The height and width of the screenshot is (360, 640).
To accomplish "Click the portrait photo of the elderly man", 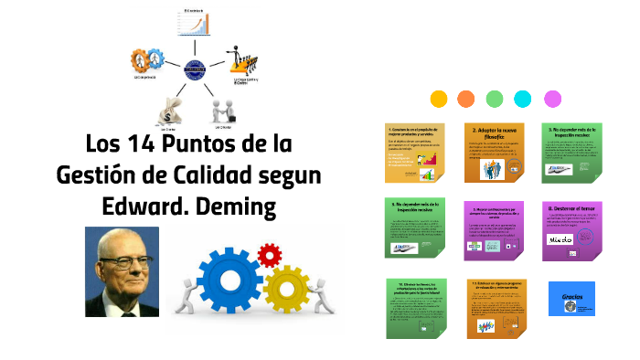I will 123,272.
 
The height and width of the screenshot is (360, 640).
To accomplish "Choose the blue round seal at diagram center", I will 196,65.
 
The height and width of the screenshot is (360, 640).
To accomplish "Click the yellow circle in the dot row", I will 439,99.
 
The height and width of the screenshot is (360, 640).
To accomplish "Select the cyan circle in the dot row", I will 523,99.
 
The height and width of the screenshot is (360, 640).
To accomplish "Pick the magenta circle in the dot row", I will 552,99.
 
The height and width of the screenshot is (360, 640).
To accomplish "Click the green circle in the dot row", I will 495,99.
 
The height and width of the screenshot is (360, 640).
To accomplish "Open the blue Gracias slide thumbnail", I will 572,299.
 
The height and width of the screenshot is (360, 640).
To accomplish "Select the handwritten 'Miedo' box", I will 560,239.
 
